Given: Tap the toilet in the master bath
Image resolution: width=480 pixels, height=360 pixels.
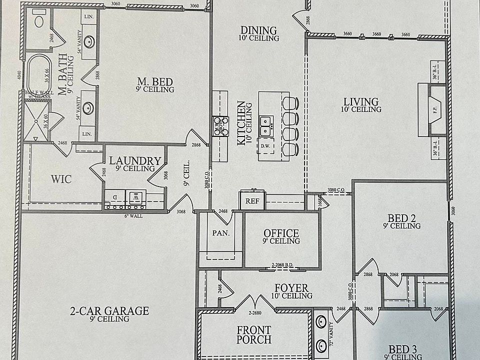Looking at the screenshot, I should (x=39, y=20).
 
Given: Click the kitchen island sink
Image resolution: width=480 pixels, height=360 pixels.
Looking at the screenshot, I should (x=265, y=125).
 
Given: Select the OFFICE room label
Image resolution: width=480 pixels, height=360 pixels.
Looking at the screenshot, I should (x=281, y=233).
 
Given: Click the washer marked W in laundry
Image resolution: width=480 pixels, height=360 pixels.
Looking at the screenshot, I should (x=135, y=197).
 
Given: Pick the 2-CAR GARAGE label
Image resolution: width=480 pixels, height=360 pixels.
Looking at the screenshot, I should (x=109, y=311).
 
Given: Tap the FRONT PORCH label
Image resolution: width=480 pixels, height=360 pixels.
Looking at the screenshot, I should (x=254, y=334).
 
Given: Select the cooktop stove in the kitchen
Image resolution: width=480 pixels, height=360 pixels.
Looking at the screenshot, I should (x=220, y=125).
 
